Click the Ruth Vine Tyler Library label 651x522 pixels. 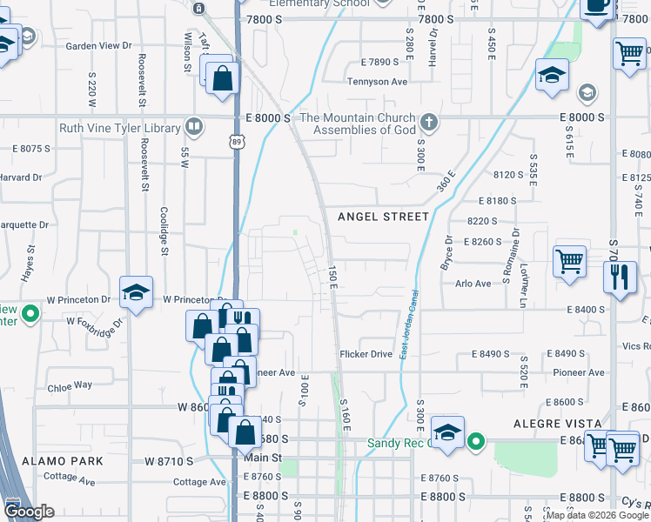pyautogui.click(x=119, y=128)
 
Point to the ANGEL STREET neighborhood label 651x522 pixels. pyautogui.click(x=383, y=217)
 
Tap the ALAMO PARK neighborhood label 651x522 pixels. pyautogui.click(x=63, y=461)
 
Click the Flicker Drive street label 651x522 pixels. pyautogui.click(x=366, y=354)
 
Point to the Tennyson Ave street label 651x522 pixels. pyautogui.click(x=377, y=82)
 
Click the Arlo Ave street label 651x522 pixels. pyautogui.click(x=473, y=283)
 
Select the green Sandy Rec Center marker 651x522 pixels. pyautogui.click(x=475, y=442)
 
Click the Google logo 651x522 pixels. pyautogui.click(x=28, y=512)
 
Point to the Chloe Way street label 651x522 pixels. pyautogui.click(x=70, y=385)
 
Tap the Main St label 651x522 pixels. pyautogui.click(x=264, y=458)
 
